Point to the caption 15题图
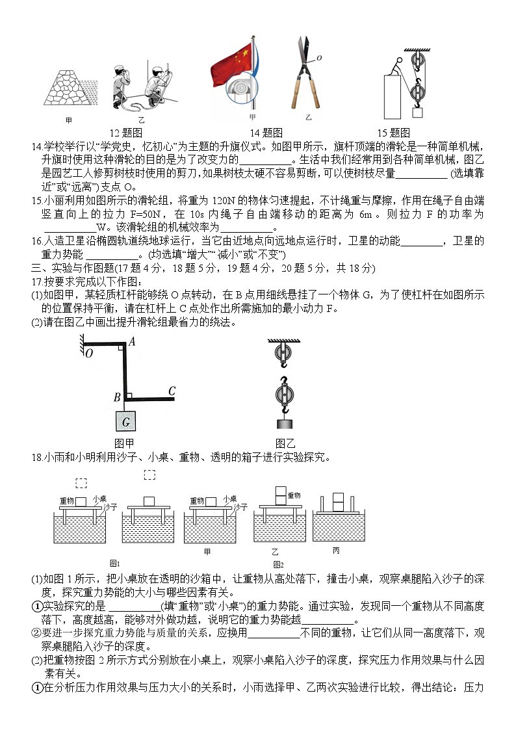point(394,132)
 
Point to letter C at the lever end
point(172,391)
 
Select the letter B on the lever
point(117,397)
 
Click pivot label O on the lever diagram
point(88,353)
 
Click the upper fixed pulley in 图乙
point(284,354)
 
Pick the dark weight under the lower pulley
point(284,424)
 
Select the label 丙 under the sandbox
point(336,551)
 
